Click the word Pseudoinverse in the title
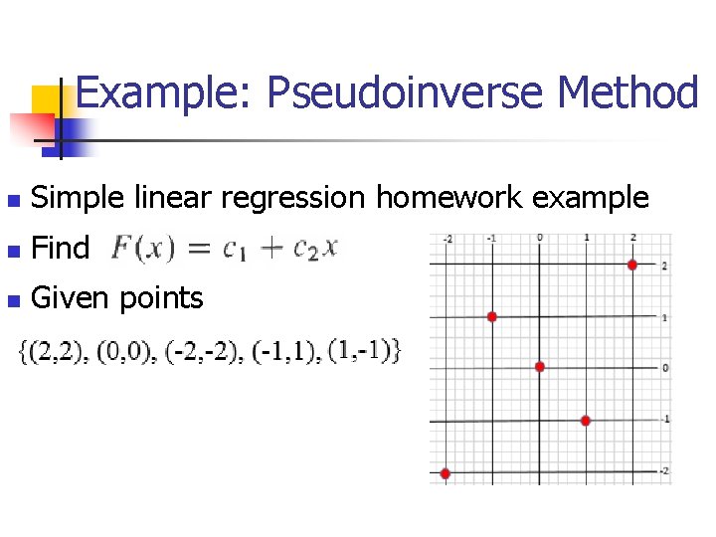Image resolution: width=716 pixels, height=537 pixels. [404, 93]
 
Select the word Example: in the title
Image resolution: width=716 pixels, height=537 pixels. [164, 93]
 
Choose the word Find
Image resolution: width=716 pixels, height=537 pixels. [61, 248]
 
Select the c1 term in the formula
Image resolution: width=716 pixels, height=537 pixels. [235, 250]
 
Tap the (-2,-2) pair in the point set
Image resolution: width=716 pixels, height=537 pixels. [215, 351]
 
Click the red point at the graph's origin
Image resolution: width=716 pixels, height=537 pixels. [540, 367]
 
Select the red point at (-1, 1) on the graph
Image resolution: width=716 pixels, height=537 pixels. [492, 316]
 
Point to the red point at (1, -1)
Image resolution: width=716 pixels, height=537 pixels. [586, 421]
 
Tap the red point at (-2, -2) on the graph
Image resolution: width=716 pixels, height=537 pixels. [446, 473]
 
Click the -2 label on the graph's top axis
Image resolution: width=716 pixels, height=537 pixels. [447, 239]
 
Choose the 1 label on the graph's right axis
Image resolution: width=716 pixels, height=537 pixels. [665, 317]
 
